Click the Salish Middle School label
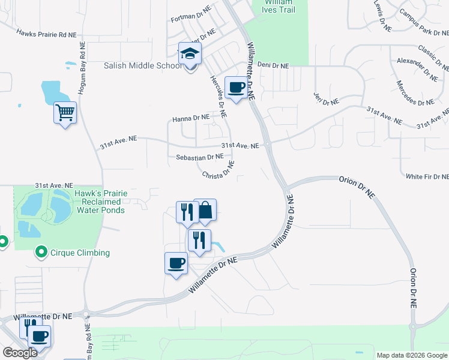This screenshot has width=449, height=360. [x=142, y=65]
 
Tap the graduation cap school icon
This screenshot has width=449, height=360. [x=190, y=53]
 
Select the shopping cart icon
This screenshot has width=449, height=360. [x=65, y=112]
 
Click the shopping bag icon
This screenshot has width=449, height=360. [x=205, y=211]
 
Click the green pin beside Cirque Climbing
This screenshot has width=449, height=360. [x=41, y=252]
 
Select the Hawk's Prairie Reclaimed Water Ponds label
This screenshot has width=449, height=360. [x=100, y=202]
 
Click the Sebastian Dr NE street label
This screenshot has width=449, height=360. [x=200, y=157]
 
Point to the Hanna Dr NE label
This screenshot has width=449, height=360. [x=191, y=118]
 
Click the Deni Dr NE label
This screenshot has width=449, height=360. [x=273, y=65]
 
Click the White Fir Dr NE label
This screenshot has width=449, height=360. [x=427, y=176]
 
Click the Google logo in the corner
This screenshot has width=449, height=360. [x=20, y=353]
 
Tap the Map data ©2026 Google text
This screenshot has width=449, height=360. [x=411, y=355]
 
